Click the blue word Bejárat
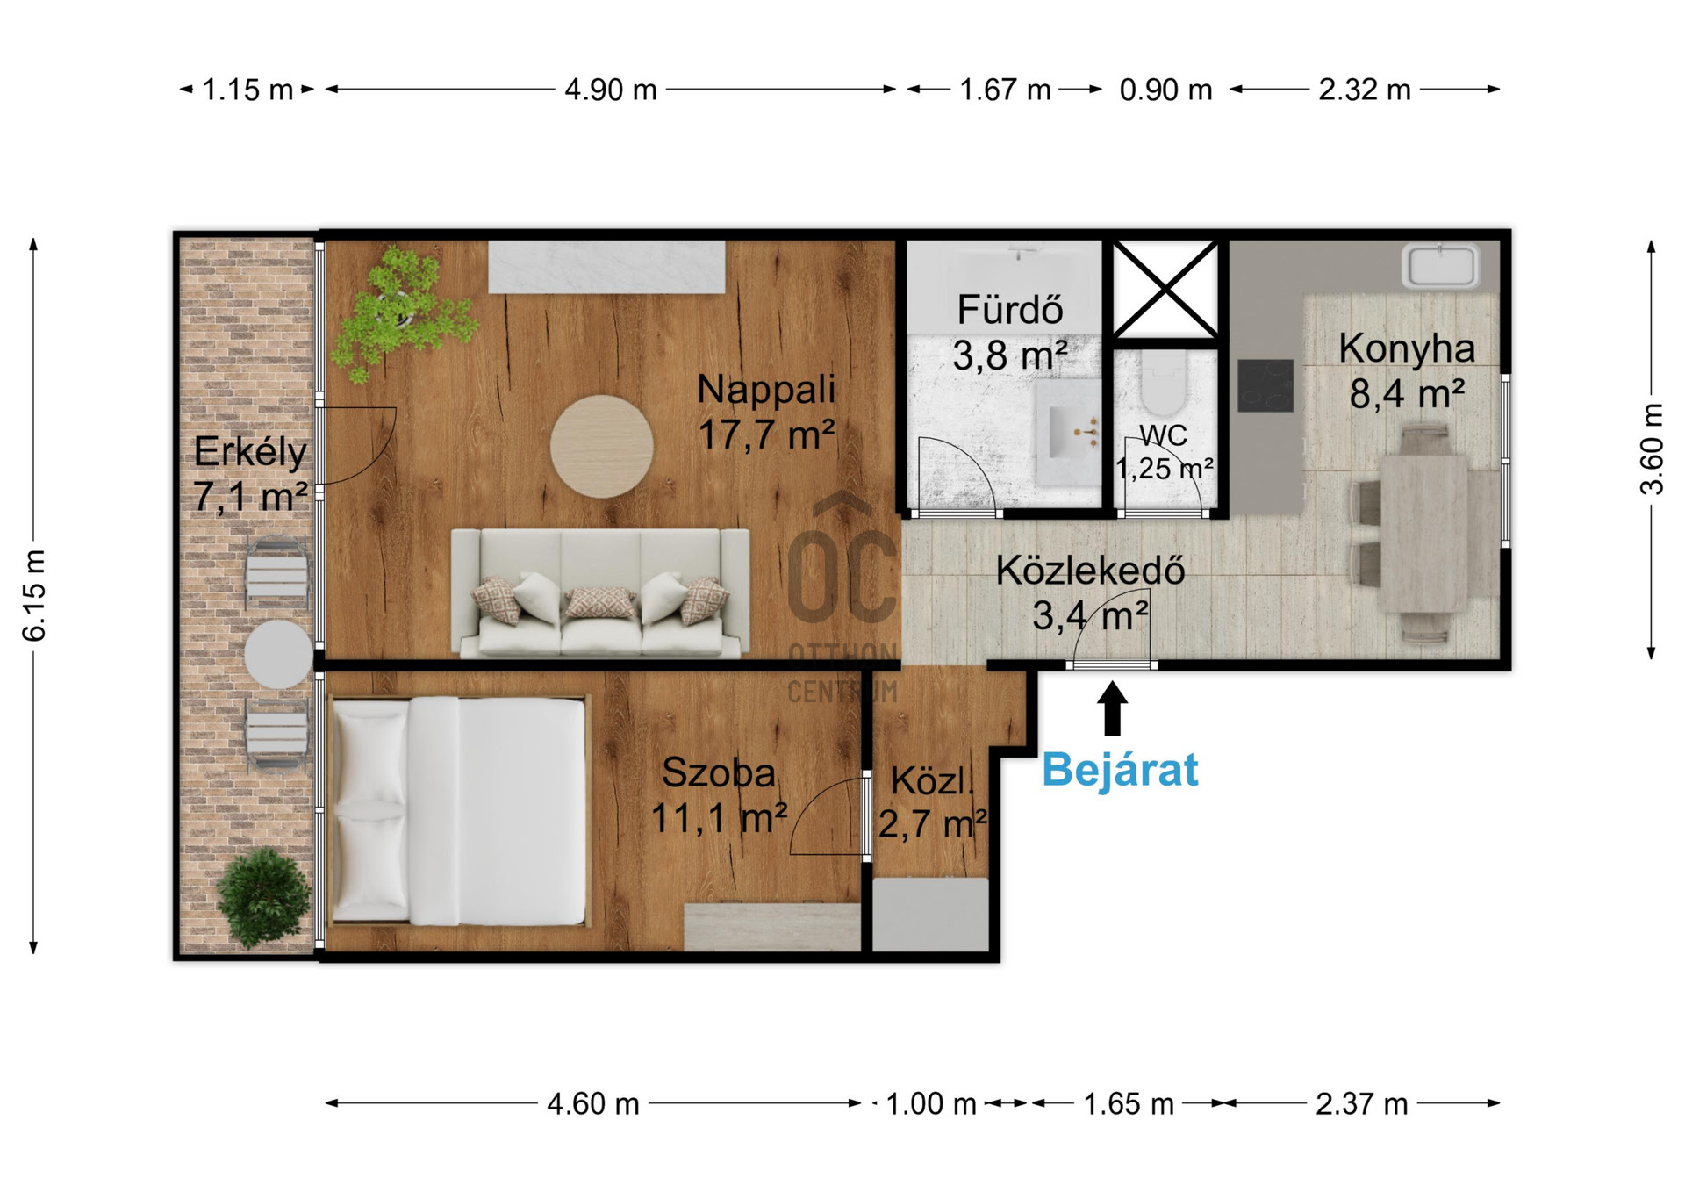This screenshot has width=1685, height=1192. (1120, 770)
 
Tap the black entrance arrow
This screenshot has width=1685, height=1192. (1113, 709)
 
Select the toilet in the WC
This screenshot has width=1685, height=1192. (1164, 384)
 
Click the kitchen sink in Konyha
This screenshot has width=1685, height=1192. (1440, 266)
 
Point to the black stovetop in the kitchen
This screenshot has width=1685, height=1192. (1266, 385)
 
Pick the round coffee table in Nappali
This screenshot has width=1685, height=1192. (602, 447)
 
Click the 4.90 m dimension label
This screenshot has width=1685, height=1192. (611, 90)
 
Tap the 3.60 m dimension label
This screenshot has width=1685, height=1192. (1652, 449)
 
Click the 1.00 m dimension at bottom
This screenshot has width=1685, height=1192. (931, 1103)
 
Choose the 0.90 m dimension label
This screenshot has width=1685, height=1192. (1165, 90)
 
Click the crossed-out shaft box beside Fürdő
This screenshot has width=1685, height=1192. (1165, 289)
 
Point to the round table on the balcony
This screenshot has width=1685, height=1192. (278, 655)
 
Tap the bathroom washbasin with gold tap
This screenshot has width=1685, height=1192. (1067, 433)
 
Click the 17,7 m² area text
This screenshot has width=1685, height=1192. (766, 434)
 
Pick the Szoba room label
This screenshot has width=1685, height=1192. (719, 772)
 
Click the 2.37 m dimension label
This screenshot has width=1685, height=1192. (1361, 1103)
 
